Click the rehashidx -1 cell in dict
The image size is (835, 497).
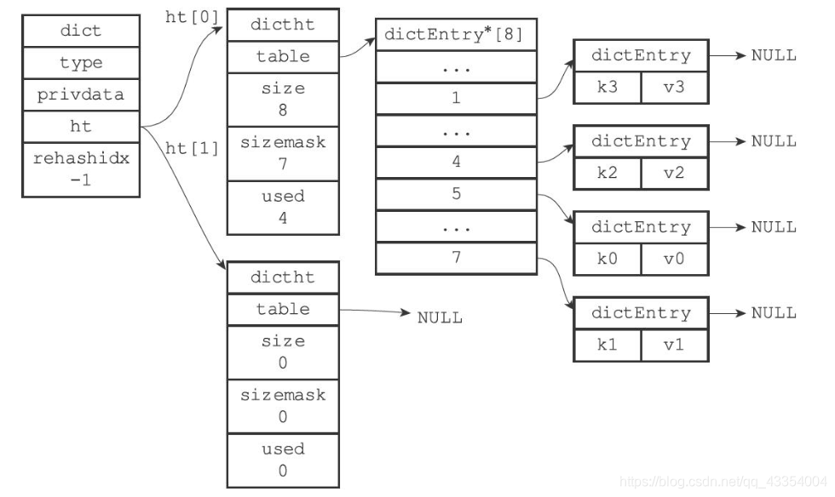(x=81, y=169)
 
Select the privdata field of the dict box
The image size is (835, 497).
(x=81, y=94)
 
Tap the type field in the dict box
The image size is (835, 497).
(x=81, y=63)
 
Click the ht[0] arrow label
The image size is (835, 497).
(x=192, y=17)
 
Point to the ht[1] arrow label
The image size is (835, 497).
(x=192, y=148)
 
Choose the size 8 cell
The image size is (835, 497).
(x=283, y=100)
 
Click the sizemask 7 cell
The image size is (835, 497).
(x=283, y=154)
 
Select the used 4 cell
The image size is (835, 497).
(x=283, y=208)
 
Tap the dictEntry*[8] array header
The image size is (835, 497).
(x=457, y=35)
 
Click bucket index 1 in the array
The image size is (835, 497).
(x=457, y=99)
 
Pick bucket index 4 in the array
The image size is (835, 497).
(x=457, y=163)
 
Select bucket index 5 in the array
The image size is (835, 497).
(x=457, y=194)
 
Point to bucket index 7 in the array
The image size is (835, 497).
(x=457, y=259)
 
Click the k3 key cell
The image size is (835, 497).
(x=607, y=88)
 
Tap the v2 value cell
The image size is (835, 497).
(x=675, y=174)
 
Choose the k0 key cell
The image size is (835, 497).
(x=607, y=260)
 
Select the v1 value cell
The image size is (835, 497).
(x=675, y=346)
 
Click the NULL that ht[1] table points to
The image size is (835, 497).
(x=440, y=317)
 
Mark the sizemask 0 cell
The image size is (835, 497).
(x=283, y=406)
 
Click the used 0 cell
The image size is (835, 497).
(x=283, y=460)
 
